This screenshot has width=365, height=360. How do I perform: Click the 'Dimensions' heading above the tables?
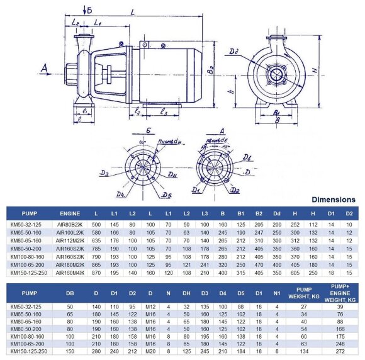334,200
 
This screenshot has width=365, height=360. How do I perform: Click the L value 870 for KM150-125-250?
96,273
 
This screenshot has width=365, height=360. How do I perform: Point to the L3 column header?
205,213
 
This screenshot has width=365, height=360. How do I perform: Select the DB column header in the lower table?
70,293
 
